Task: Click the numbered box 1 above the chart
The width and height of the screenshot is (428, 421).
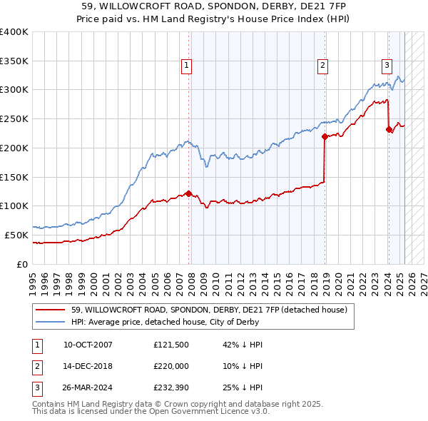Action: (x=186, y=66)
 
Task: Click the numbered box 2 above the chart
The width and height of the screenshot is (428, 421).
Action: (x=322, y=66)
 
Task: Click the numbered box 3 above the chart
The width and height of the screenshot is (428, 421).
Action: (x=387, y=66)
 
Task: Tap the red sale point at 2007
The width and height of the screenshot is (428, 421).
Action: (x=188, y=193)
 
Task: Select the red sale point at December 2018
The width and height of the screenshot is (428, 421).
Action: (x=324, y=136)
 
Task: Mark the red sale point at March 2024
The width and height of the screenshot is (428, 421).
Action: (x=389, y=129)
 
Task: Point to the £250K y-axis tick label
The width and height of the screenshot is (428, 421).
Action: (x=14, y=118)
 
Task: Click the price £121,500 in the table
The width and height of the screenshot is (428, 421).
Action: (x=170, y=345)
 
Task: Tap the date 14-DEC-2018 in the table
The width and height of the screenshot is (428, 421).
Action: (x=88, y=367)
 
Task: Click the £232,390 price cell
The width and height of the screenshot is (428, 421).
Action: (x=170, y=389)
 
